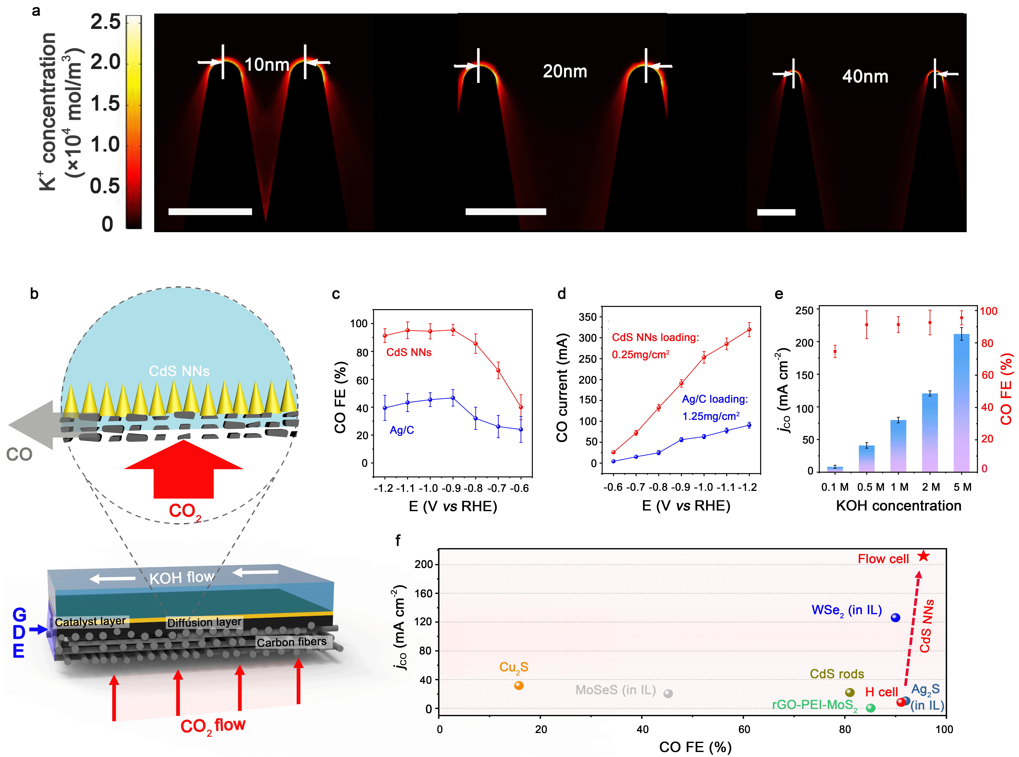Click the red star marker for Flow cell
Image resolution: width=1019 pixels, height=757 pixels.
pos(923,556)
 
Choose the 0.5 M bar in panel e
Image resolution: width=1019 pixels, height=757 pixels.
pos(866,458)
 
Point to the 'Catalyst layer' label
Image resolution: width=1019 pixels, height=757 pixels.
pos(90,622)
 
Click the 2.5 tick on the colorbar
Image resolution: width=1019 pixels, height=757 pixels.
pos(105,22)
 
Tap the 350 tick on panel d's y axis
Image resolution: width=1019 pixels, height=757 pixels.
pos(588,317)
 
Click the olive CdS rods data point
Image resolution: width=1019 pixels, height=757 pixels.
pos(850,692)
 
